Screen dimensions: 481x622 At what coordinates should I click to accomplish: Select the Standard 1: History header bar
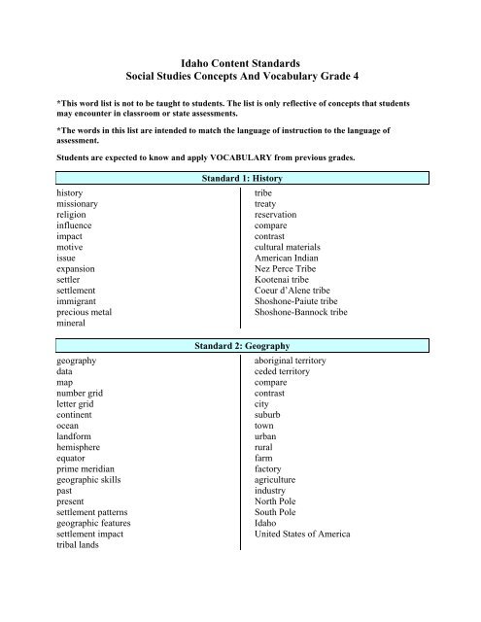click(239, 179)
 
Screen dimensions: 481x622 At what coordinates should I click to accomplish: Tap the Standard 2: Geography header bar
click(239, 345)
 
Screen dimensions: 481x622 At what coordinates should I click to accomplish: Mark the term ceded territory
click(275, 373)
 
